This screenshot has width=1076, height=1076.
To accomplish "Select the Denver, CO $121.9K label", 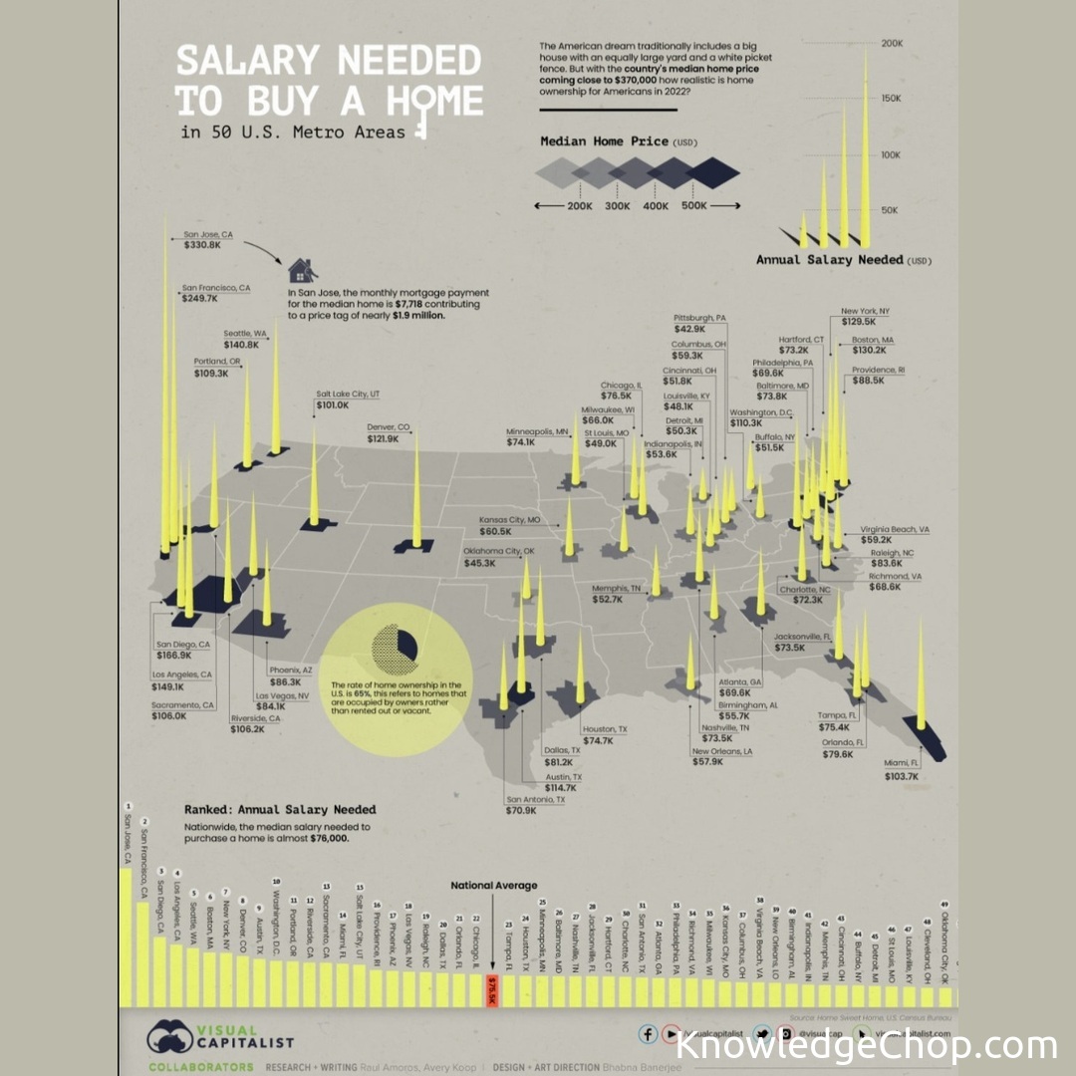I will coord(390,434).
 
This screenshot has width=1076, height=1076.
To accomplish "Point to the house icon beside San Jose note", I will coord(303,270).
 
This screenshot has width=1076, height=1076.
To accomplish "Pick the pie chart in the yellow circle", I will coord(396,651).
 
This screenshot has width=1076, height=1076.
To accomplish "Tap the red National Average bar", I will coord(492,991).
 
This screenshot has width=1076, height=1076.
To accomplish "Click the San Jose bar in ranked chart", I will coord(127,937).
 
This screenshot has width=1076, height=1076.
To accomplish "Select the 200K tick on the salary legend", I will coord(890,43).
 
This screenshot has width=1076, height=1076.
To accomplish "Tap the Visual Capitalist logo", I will coord(220,1037).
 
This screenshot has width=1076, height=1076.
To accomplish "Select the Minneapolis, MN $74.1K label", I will coord(537,436).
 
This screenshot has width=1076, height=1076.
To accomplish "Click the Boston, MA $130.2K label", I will coord(872,345).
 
